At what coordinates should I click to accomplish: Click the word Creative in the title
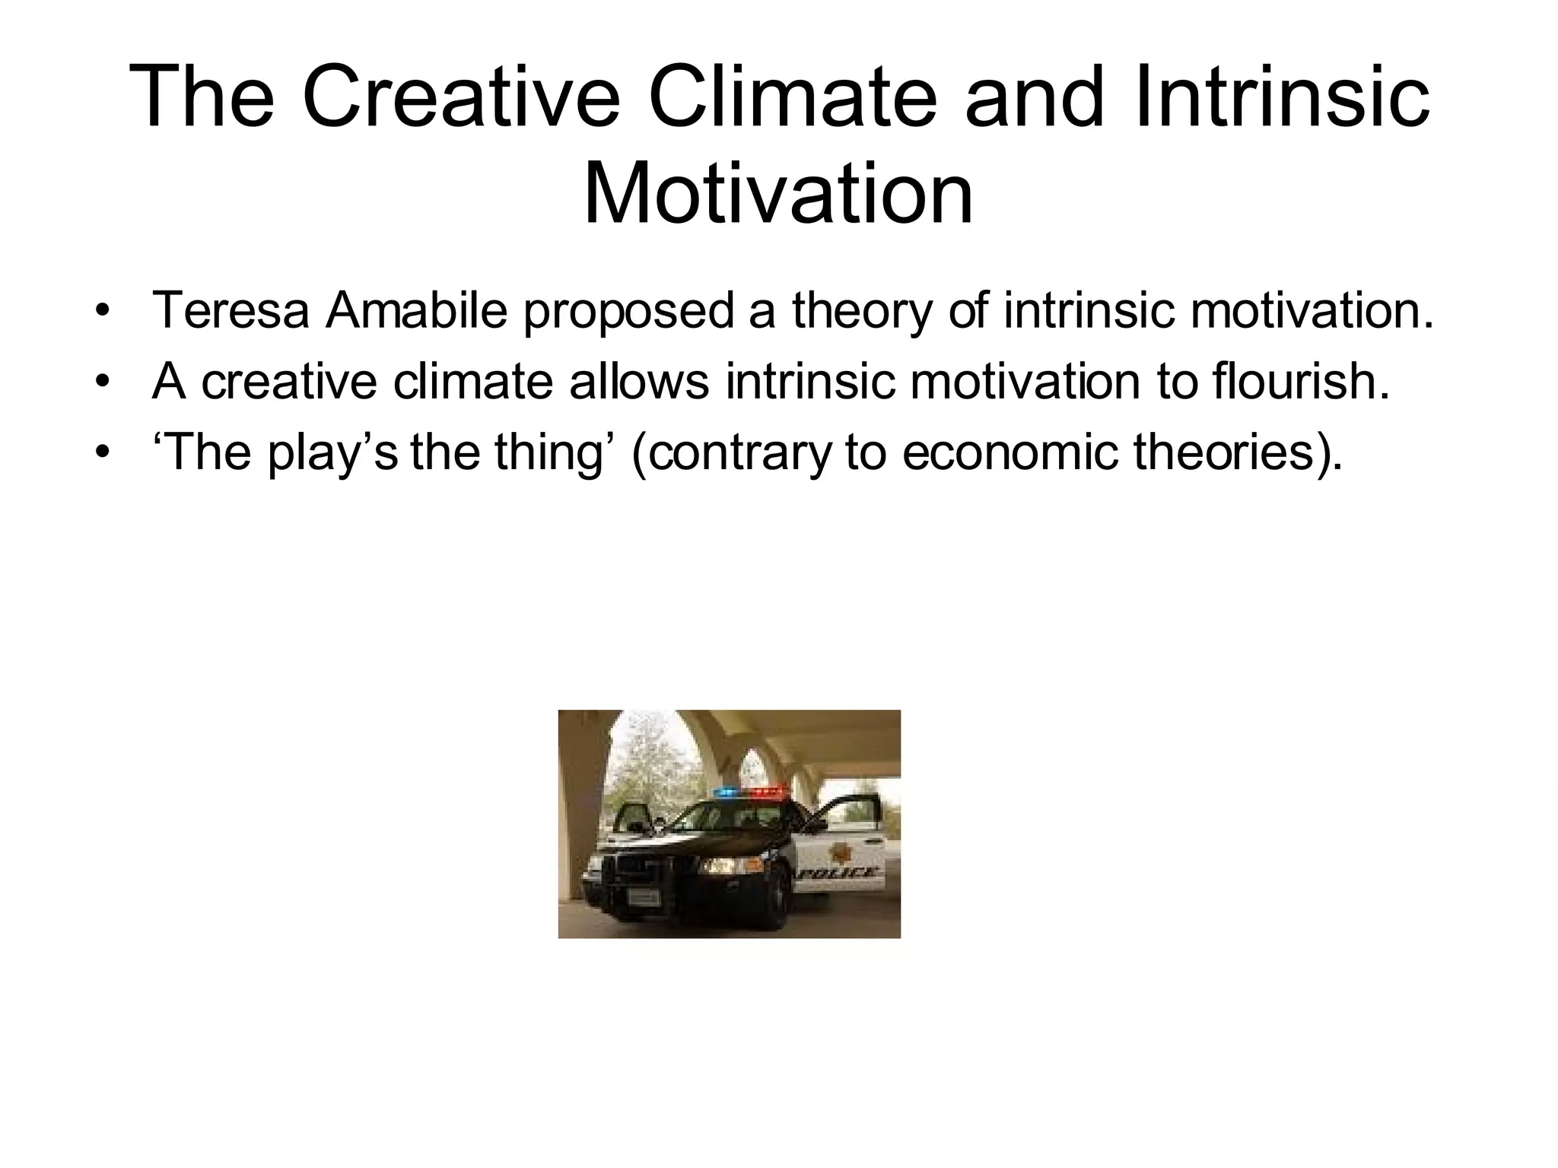(x=460, y=99)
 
